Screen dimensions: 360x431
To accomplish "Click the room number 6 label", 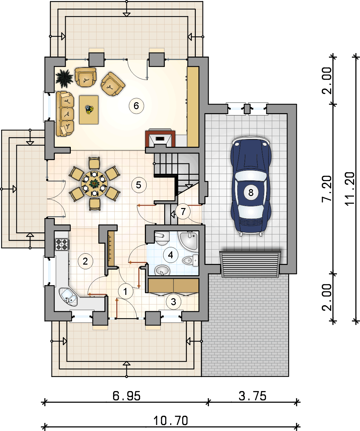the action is pyautogui.click(x=136, y=106).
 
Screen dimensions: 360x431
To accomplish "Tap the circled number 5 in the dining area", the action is pyautogui.click(x=139, y=185).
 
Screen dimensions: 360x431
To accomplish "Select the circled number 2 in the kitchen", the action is pyautogui.click(x=85, y=261).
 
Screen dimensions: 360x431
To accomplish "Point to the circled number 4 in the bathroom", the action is pyautogui.click(x=171, y=255).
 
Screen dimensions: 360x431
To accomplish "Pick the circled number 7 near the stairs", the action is pyautogui.click(x=183, y=212).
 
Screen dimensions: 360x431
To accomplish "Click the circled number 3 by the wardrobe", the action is pyautogui.click(x=174, y=302).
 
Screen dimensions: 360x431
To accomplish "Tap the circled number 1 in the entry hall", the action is pyautogui.click(x=126, y=292).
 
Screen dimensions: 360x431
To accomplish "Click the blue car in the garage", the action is pyautogui.click(x=251, y=186).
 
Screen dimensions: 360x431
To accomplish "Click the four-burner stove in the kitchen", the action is pyautogui.click(x=62, y=244).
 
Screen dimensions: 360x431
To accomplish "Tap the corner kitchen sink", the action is pyautogui.click(x=68, y=297).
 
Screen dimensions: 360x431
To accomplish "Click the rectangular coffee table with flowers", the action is pyautogui.click(x=89, y=109).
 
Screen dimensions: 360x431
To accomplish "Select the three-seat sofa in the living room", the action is pyautogui.click(x=65, y=114).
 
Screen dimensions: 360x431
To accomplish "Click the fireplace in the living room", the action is pyautogui.click(x=160, y=138).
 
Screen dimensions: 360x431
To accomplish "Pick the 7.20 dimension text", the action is pyautogui.click(x=327, y=189).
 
